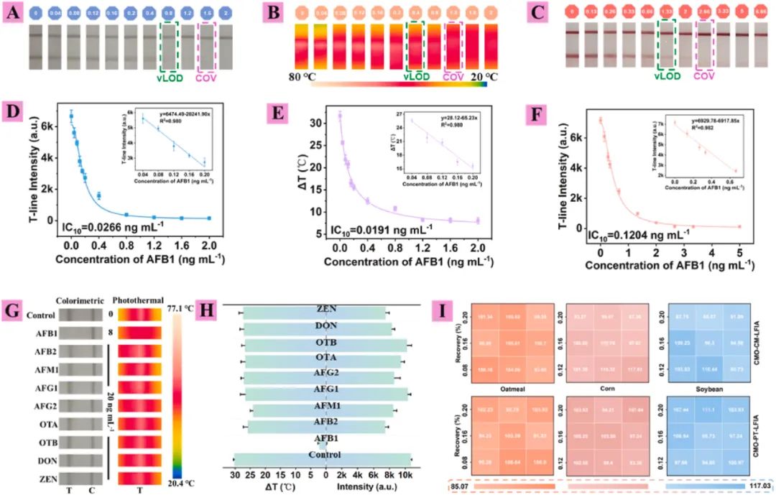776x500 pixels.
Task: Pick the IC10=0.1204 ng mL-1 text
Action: tap(633, 233)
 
